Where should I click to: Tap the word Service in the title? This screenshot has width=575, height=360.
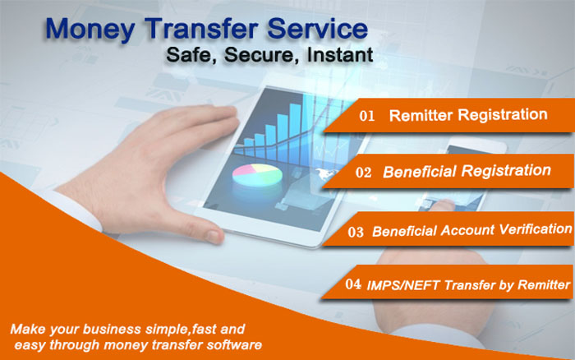click(x=318, y=28)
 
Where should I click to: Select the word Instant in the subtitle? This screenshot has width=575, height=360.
click(x=340, y=55)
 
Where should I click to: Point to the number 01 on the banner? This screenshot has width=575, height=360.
click(x=366, y=116)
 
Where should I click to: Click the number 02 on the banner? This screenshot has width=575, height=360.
click(x=363, y=172)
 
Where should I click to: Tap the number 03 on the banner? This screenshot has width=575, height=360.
click(x=356, y=232)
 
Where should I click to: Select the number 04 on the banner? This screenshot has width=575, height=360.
click(x=352, y=284)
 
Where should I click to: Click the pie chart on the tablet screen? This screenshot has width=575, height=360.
click(x=257, y=175)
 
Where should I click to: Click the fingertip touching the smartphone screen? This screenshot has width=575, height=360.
click(x=441, y=203)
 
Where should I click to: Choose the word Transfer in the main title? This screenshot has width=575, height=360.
click(x=202, y=28)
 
